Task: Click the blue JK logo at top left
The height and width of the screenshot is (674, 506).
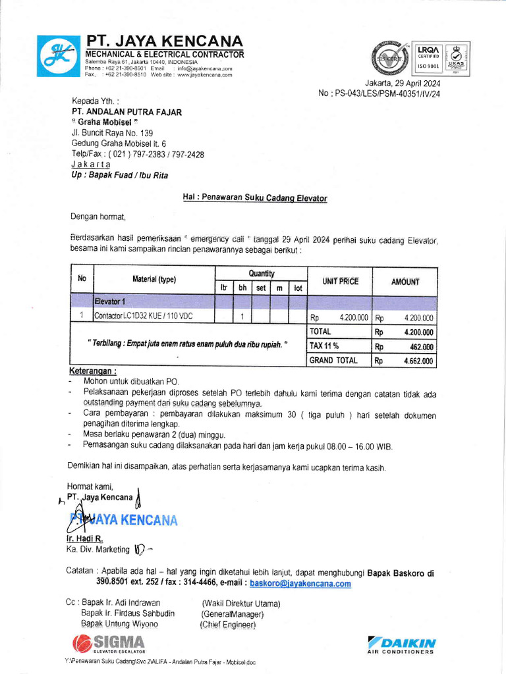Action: [57, 57]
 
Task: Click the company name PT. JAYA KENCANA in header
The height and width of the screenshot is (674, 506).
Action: [164, 41]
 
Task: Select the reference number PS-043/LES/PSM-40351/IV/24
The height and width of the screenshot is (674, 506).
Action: [379, 93]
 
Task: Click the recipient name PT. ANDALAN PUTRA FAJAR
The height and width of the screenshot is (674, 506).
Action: [126, 112]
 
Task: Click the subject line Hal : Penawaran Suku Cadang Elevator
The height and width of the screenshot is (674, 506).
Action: [254, 197]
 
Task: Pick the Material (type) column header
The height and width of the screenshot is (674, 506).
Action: [154, 279]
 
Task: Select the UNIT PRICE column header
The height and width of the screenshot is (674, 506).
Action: [340, 281]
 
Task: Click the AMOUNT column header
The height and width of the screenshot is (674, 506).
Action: [405, 281]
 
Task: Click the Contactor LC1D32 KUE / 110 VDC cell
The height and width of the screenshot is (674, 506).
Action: [144, 317]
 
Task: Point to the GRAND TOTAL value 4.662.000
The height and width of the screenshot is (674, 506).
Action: [418, 361]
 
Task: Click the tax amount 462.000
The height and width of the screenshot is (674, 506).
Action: [422, 347]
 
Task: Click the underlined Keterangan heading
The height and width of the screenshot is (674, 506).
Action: [93, 371]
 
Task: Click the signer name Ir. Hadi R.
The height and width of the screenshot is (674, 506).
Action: [84, 538]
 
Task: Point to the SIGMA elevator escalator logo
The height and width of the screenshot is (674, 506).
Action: [109, 642]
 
